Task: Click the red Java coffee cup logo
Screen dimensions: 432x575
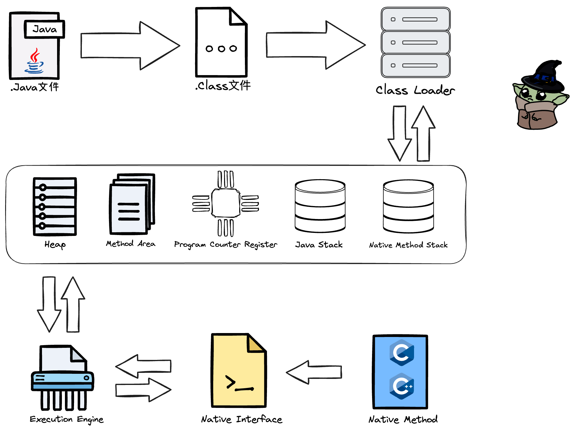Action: [34, 61]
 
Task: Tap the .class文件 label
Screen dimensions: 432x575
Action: [223, 86]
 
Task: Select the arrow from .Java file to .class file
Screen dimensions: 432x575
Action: [130, 46]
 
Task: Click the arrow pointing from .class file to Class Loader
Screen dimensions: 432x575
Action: [315, 45]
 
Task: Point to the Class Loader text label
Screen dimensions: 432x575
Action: [415, 90]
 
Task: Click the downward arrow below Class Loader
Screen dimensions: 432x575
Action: [400, 133]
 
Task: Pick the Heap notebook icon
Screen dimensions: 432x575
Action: [55, 206]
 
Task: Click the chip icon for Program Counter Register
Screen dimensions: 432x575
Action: [226, 203]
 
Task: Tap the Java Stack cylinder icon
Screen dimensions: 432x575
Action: [320, 206]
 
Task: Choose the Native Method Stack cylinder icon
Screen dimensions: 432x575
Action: [408, 206]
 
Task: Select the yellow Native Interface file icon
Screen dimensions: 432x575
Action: [239, 371]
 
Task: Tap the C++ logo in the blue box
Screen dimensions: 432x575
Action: [402, 386]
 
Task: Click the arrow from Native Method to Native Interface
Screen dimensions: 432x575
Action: [314, 372]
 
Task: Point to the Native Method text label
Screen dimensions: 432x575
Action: [403, 419]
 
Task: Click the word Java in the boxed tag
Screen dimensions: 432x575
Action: [45, 29]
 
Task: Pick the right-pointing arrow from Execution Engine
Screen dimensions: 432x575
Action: [143, 390]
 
